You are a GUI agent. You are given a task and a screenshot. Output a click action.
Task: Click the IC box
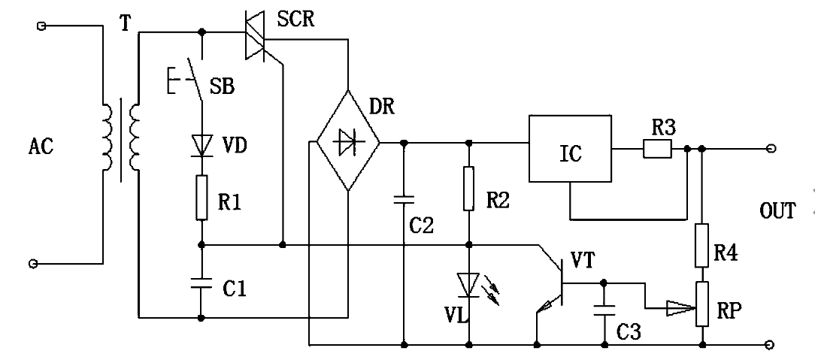coord(571,149)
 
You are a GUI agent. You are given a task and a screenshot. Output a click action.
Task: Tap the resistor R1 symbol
coord(201,198)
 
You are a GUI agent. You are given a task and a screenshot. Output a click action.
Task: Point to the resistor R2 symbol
coord(470,189)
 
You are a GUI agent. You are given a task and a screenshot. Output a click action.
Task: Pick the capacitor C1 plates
coord(201,283)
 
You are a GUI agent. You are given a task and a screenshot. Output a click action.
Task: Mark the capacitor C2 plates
coord(404,199)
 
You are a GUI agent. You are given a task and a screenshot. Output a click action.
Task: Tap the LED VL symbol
coord(470,284)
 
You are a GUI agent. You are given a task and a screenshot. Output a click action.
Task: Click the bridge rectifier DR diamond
coord(347,141)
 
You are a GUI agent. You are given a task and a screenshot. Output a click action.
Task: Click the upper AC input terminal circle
coord(42,26)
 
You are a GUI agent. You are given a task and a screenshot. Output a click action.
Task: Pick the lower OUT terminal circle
coord(769,345)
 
